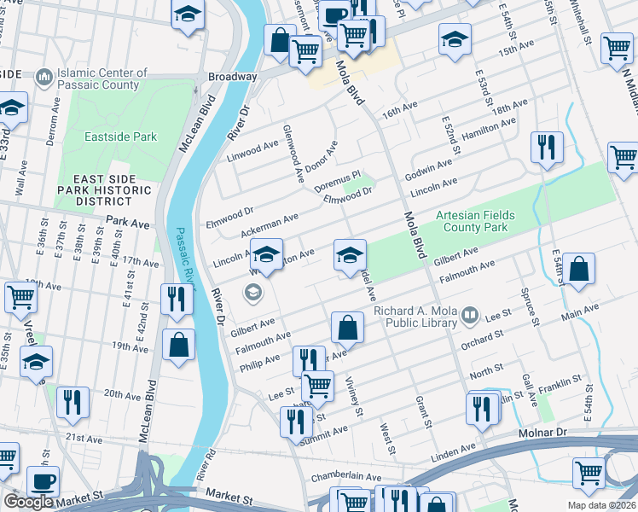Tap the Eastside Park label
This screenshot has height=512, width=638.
(x=120, y=137)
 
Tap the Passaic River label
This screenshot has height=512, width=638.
(x=183, y=256)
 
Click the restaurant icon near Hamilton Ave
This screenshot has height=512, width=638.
(x=545, y=148)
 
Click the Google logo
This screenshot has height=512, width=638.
(x=28, y=502)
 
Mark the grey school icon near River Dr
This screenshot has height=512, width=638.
(x=252, y=294)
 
